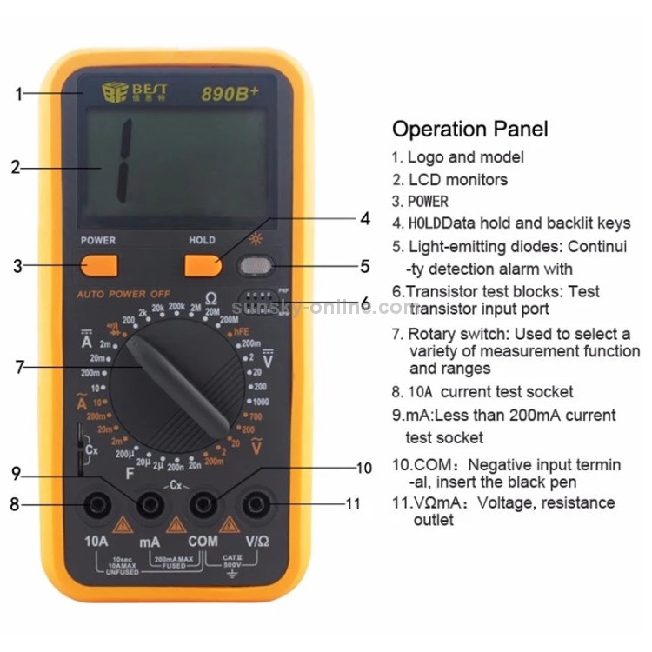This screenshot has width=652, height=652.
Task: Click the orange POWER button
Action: pyautogui.click(x=99, y=265)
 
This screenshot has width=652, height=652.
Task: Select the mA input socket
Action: pyautogui.click(x=150, y=503)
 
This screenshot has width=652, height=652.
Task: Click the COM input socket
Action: pyautogui.click(x=203, y=503)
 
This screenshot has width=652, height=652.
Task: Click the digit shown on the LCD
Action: pyautogui.click(x=121, y=157)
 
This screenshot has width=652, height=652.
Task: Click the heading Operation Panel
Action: pyautogui.click(x=469, y=130)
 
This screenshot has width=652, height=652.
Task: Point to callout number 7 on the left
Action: pyautogui.click(x=19, y=368)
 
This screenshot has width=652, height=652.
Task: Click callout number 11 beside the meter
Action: pyautogui.click(x=352, y=503)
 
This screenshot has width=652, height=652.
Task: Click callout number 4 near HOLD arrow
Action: pyautogui.click(x=365, y=218)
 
